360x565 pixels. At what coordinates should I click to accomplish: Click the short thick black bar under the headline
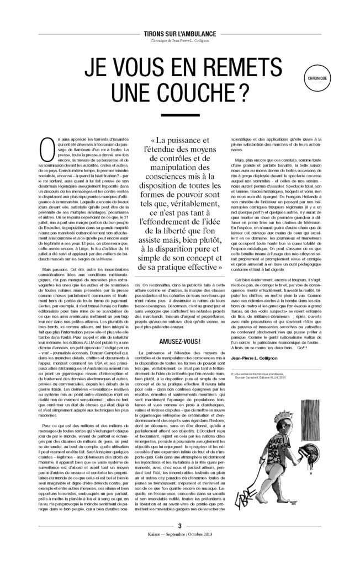point(180,116)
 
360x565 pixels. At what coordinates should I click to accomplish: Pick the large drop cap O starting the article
point(31,147)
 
